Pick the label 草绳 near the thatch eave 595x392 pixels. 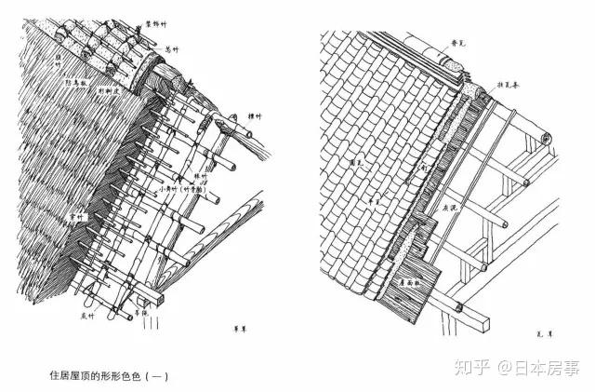click(141, 315)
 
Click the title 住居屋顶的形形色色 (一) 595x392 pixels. click(111, 375)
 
